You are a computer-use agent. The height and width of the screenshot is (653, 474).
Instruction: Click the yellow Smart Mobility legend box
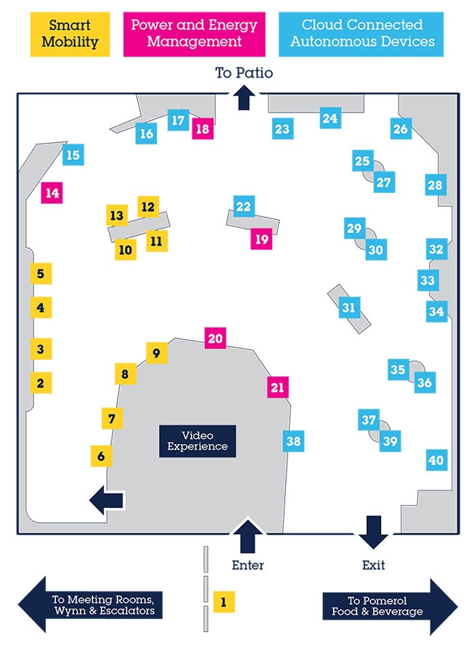coord(70,34)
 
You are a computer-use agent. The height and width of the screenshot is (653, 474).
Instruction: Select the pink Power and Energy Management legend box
coord(194,34)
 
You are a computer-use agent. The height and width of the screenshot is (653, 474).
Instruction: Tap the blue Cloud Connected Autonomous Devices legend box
coord(362,34)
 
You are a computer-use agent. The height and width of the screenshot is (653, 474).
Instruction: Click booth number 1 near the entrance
coord(224,601)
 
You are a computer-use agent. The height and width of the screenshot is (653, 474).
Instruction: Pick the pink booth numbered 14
coord(52,193)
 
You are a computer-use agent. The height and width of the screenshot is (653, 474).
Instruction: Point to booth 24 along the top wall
coord(330,118)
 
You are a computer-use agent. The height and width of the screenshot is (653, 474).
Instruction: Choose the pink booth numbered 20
coord(216,338)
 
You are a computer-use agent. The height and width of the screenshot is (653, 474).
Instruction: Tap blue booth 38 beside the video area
coord(293,440)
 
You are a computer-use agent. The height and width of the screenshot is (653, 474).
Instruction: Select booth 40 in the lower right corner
coord(436,460)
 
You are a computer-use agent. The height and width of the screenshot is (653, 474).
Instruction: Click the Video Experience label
coord(197,441)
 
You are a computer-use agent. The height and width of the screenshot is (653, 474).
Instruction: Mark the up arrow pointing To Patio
coord(244,97)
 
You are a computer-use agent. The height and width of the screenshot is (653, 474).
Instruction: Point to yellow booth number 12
coord(148,207)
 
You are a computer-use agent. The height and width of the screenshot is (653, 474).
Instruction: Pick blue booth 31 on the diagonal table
coord(349,308)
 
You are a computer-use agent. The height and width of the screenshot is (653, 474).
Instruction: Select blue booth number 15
coord(73,155)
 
